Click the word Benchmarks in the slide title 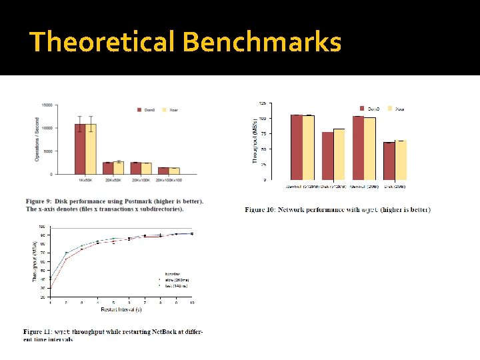[261, 42]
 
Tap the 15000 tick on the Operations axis [47, 105]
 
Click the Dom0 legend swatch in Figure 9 [140, 109]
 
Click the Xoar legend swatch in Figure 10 [391, 109]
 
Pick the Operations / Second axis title [37, 140]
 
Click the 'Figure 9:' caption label [41, 201]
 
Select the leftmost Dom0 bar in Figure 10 [297, 147]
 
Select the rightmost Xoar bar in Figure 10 [401, 160]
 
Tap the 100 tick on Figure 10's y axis [263, 118]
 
